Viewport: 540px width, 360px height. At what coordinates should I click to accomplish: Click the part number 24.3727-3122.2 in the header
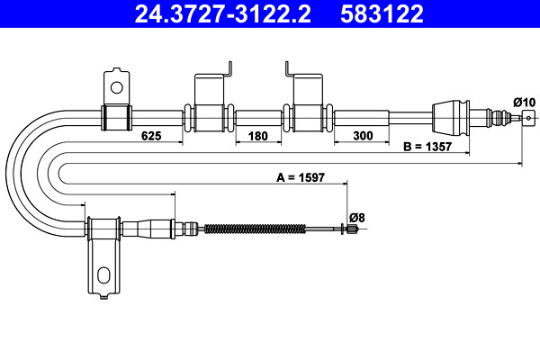223,13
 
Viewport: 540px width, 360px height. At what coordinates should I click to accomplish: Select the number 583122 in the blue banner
382,13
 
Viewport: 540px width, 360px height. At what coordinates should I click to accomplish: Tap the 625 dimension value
151,136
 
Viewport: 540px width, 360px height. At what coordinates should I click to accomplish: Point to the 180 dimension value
258,136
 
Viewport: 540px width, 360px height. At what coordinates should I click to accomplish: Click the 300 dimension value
363,136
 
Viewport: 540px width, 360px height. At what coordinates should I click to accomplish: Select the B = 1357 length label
427,147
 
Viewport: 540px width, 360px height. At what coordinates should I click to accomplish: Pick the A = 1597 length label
301,177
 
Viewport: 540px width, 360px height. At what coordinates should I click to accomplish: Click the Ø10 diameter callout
524,103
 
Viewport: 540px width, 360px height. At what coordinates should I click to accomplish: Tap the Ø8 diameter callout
356,218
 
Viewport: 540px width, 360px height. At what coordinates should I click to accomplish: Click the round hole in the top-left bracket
117,87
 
